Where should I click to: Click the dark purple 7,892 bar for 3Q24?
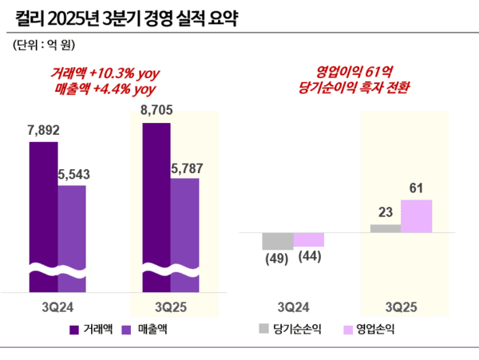[43, 216]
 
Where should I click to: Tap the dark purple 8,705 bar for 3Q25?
[156, 208]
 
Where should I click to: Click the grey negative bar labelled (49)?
[278, 241]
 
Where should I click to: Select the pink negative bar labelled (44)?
[309, 239]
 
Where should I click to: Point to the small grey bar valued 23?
[386, 228]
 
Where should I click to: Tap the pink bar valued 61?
[416, 216]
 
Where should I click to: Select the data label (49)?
[277, 257]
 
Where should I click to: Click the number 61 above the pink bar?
[416, 188]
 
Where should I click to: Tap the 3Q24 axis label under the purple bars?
[58, 305]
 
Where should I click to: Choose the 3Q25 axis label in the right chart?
[401, 305]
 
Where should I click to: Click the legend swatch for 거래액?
[74, 329]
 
